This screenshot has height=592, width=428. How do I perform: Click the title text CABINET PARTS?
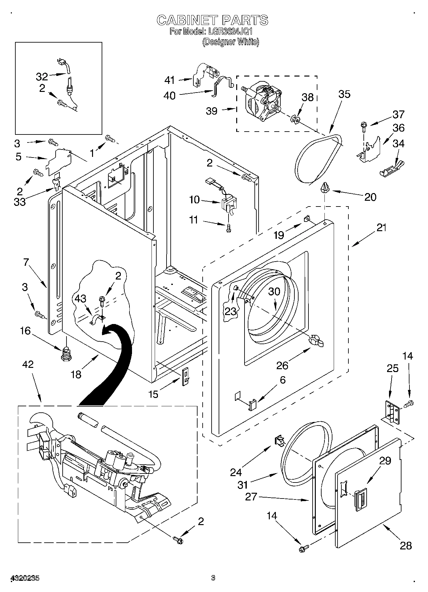point(212,20)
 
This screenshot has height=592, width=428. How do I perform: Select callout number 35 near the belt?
point(344,94)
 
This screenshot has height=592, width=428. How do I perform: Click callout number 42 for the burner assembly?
point(28,364)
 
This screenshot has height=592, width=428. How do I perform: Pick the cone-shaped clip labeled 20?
point(325,187)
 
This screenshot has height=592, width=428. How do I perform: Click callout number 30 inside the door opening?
point(274,292)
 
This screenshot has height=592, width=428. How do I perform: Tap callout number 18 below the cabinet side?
point(76,374)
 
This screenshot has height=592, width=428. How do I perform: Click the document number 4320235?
point(25,578)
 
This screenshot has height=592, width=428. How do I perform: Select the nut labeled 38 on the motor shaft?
point(296,120)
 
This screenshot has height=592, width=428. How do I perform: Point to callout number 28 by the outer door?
point(406,545)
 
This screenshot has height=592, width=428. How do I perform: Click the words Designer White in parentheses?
point(230,42)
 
